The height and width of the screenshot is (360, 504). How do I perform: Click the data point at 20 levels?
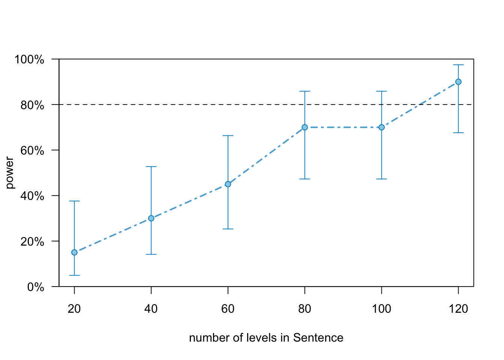pyautogui.click(x=74, y=252)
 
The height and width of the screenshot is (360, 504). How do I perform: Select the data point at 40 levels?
pyautogui.click(x=151, y=218)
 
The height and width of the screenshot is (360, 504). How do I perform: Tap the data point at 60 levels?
pyautogui.click(x=228, y=184)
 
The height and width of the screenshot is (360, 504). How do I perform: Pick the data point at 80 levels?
pyautogui.click(x=304, y=127)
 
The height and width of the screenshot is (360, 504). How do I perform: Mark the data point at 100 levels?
pyautogui.click(x=381, y=127)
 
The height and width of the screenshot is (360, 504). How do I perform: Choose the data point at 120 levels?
pyautogui.click(x=458, y=82)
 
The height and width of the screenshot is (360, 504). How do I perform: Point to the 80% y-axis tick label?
pyautogui.click(x=32, y=105)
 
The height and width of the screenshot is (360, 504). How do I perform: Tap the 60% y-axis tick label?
pyautogui.click(x=32, y=150)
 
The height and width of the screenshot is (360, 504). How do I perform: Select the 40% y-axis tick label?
pyautogui.click(x=32, y=196)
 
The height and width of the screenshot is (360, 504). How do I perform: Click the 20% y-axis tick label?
pyautogui.click(x=32, y=241)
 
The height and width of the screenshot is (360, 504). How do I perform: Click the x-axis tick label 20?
pyautogui.click(x=74, y=309)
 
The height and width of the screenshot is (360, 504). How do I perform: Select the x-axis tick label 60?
pyautogui.click(x=228, y=309)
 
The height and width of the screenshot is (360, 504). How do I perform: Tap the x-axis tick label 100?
pyautogui.click(x=381, y=309)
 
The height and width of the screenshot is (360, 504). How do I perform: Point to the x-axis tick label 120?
pyautogui.click(x=458, y=309)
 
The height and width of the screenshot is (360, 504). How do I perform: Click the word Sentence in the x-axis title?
pyautogui.click(x=318, y=338)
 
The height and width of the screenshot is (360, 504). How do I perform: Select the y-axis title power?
pyautogui.click(x=10, y=173)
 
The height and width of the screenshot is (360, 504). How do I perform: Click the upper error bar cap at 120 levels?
pyautogui.click(x=458, y=65)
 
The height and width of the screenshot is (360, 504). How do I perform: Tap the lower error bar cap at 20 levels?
pyautogui.click(x=74, y=275)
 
